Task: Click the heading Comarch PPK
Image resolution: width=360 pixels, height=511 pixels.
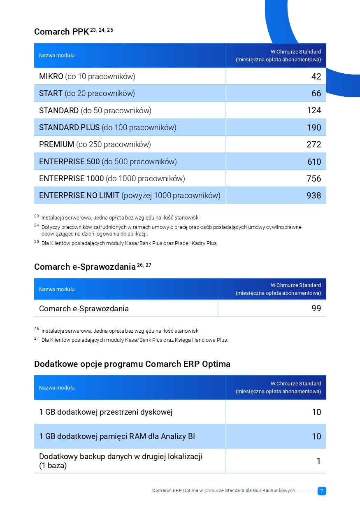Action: point(62,32)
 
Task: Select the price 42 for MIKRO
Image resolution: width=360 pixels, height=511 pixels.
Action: point(316,77)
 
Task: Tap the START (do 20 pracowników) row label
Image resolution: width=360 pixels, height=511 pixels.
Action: point(87,93)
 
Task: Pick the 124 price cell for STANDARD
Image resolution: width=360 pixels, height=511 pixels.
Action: point(314,110)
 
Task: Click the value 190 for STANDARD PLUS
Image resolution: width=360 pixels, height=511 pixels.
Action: point(314,128)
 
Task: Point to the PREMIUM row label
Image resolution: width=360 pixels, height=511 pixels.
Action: point(95,145)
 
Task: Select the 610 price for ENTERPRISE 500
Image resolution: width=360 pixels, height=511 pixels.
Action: point(314,162)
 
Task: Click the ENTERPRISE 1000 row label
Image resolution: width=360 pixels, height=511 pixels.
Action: point(112,178)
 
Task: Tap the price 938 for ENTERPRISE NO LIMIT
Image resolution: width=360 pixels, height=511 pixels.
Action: point(314,196)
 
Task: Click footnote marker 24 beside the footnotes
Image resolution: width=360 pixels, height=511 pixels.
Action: point(37,225)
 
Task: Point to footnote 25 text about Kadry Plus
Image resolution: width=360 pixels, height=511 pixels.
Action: point(130,243)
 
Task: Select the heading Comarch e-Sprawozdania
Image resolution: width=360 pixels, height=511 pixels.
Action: point(85,267)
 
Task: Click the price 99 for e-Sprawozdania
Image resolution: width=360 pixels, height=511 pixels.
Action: point(316,308)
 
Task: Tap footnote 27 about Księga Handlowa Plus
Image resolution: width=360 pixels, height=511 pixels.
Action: point(135,340)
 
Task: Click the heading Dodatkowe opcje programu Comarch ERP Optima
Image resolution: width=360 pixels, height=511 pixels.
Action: point(132,364)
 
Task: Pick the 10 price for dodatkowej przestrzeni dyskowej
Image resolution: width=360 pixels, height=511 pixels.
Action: point(316,412)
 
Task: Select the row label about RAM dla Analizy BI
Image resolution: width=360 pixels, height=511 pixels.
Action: point(117,436)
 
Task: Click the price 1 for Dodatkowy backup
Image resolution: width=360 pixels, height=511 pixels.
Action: point(319,461)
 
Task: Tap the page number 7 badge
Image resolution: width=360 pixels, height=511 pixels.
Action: point(322,491)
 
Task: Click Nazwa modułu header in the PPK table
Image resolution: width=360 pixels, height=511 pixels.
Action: point(57,56)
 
